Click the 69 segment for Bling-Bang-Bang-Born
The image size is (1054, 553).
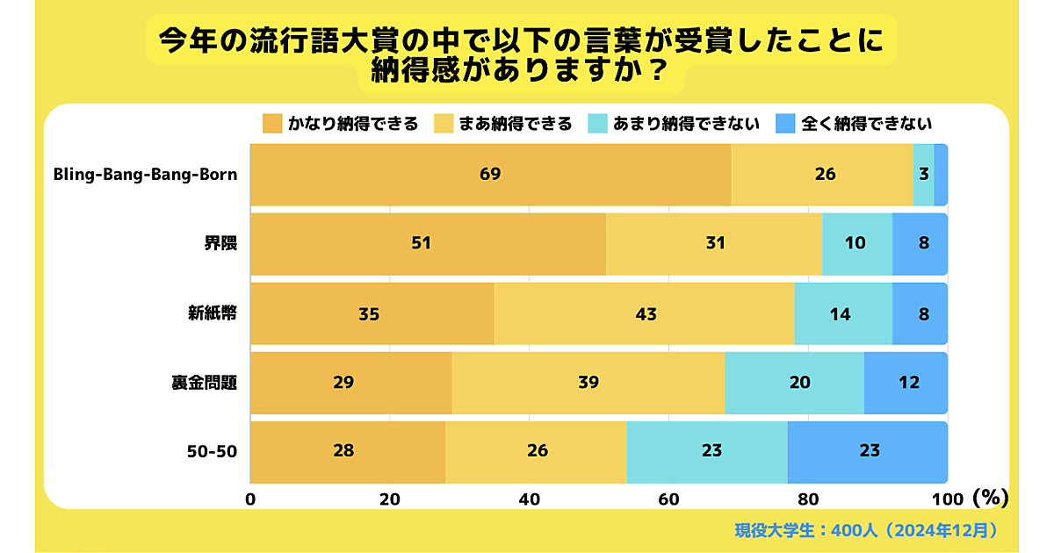pos(490,175)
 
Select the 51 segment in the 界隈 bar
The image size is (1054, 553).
pos(428,243)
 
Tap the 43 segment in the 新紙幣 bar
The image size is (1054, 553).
pos(644,313)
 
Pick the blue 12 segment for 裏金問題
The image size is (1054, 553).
pos(906,382)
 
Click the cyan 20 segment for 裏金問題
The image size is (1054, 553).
pos(795,382)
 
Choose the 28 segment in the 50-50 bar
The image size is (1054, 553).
pos(348,451)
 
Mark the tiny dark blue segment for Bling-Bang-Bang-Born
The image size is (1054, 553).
pos(941,175)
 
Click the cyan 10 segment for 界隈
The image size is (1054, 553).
pos(856,243)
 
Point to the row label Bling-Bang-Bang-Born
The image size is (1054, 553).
pos(145,174)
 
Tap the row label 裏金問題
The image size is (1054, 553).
pos(204,382)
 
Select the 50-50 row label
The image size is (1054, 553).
pos(212,451)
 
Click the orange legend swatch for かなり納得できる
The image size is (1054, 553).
pos(272,124)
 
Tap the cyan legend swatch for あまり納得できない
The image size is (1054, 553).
pos(597,124)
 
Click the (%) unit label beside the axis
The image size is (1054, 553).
pos(990,498)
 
